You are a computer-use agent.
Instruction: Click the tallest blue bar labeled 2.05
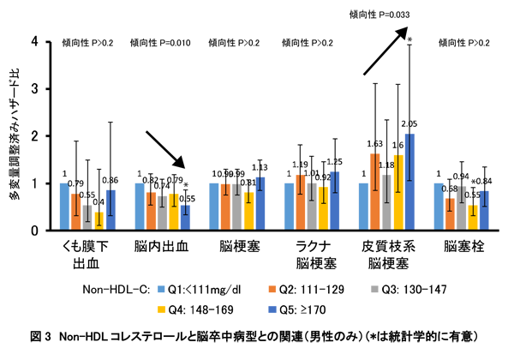pyautogui.click(x=409, y=183)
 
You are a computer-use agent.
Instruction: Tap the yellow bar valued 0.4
pyautogui.click(x=98, y=221)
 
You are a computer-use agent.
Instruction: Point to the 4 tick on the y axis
pyautogui.click(x=33, y=41)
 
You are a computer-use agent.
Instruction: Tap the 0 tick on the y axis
pyautogui.click(x=33, y=231)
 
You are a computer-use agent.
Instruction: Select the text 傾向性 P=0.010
pyautogui.click(x=164, y=42)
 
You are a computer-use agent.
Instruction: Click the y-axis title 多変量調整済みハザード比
pyautogui.click(x=13, y=133)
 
